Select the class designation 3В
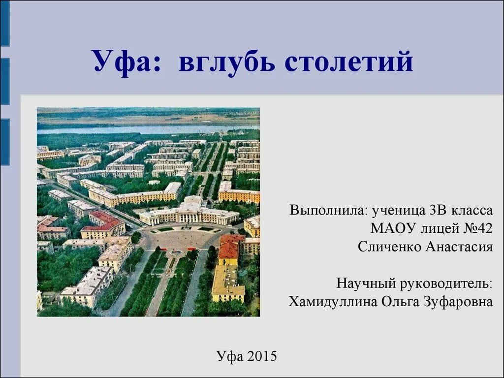click(x=439, y=211)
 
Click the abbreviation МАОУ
click(x=392, y=229)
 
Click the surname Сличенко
click(x=388, y=247)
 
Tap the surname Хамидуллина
click(x=333, y=301)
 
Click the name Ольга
click(x=400, y=301)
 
